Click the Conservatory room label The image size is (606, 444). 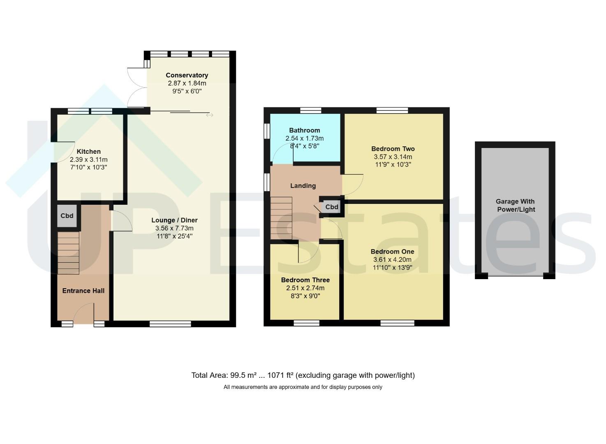187,75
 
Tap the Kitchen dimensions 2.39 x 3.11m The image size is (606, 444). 89,160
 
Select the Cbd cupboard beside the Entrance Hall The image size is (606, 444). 67,216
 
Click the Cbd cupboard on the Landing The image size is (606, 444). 332,207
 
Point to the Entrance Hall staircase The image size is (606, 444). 68,253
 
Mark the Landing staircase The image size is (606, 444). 281,218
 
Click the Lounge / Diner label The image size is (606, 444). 174,220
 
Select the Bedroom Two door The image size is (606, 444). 353,185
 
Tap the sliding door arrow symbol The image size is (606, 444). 210,115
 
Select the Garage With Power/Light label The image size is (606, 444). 516,206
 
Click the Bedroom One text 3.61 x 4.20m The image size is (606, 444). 392,260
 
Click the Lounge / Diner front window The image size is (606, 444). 171,324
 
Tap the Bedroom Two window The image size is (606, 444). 392,111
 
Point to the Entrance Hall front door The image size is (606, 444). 84,314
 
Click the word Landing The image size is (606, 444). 303,185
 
